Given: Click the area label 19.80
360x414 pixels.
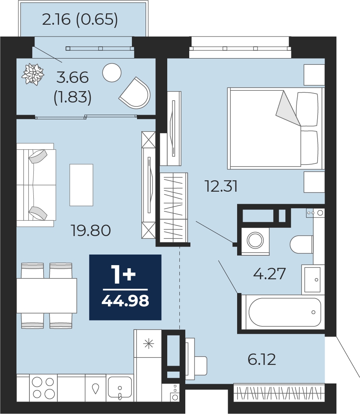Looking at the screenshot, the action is pos(91,230).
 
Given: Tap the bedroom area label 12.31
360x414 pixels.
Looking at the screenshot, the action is pos(221,186).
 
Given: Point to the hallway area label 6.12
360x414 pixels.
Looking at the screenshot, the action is pos(261,359).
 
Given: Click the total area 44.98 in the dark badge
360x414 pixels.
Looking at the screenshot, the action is pos(125,301).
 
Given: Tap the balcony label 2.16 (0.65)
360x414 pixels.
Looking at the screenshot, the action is pos(80,19).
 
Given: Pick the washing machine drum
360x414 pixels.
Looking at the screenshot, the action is pos(255,240).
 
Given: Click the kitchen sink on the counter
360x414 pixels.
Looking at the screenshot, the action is pos(120,387).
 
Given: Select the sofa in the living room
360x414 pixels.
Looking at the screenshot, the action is pos(36,185).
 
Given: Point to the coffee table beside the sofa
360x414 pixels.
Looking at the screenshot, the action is pos(81,185).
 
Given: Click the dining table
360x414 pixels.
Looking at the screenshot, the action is pos(47,295).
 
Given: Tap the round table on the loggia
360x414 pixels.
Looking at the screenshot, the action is pos(111,73).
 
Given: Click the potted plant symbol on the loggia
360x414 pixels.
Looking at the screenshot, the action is pos(33,74).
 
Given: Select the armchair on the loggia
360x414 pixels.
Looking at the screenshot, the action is pos(135,93).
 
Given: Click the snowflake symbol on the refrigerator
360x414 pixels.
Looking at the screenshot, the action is pos(148,344).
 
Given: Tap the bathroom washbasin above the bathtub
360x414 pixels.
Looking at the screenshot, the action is pos(312,280).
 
